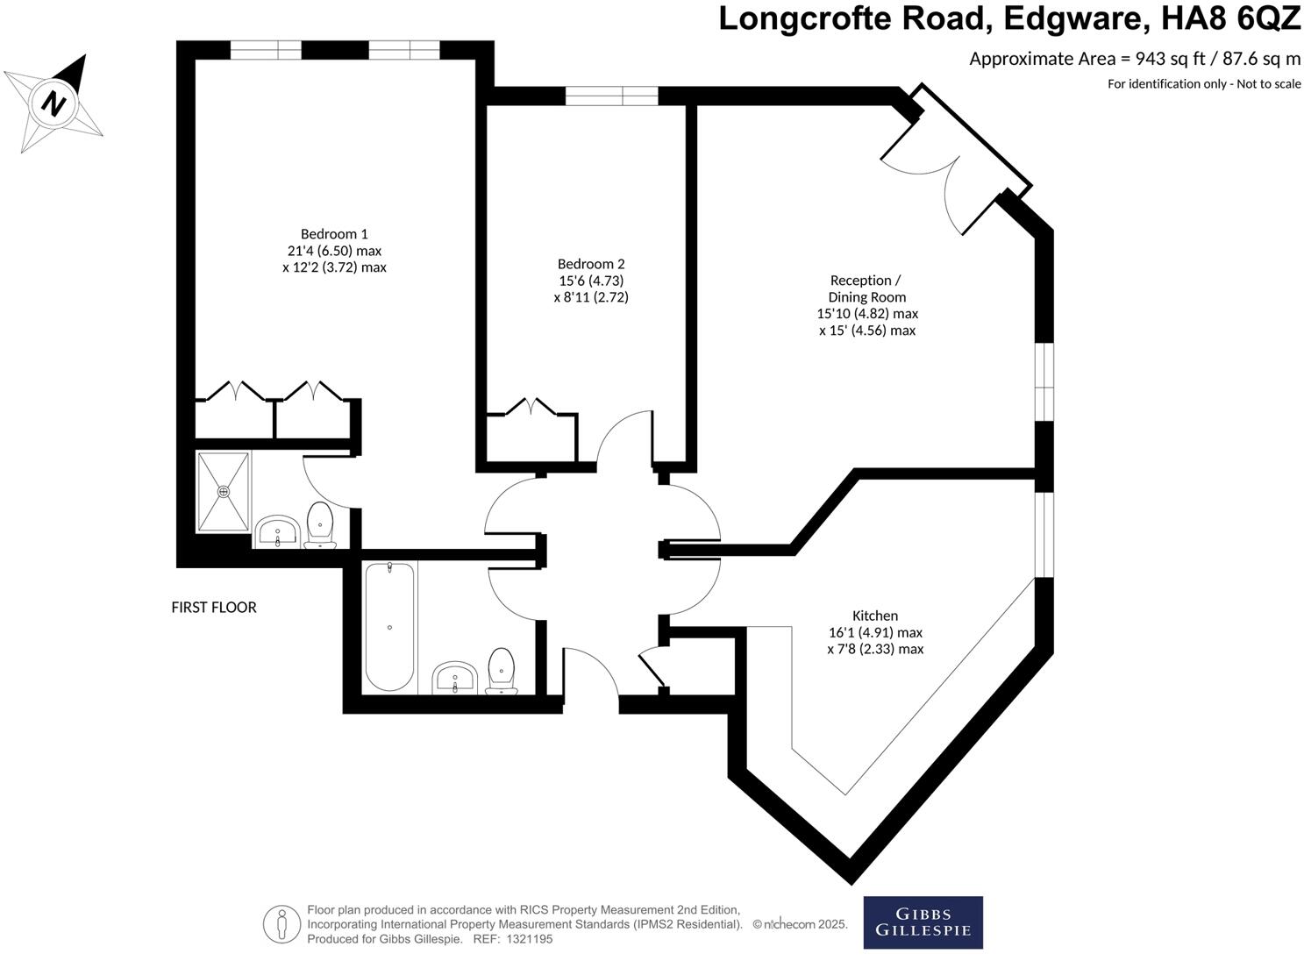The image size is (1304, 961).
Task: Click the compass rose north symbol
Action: click(x=54, y=103)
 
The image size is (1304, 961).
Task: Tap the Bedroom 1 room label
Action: click(x=334, y=234)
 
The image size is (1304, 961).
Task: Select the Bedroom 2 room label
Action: click(x=591, y=264)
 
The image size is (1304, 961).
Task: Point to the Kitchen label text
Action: click(x=875, y=616)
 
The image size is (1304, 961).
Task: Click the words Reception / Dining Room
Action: click(x=866, y=288)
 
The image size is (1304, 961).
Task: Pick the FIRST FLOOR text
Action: click(x=214, y=607)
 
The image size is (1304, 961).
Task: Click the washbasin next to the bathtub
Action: click(x=454, y=677)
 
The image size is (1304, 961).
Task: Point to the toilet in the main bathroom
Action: click(x=501, y=670)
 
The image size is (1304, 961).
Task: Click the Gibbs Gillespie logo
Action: click(x=923, y=922)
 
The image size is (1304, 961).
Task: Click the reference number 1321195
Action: click(x=525, y=939)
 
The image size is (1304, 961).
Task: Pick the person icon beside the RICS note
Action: click(x=281, y=923)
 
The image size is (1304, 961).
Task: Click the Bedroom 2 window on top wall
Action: click(x=611, y=96)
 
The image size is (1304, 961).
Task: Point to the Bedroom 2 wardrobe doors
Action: click(x=531, y=408)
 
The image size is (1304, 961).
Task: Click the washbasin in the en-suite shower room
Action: click(x=278, y=531)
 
